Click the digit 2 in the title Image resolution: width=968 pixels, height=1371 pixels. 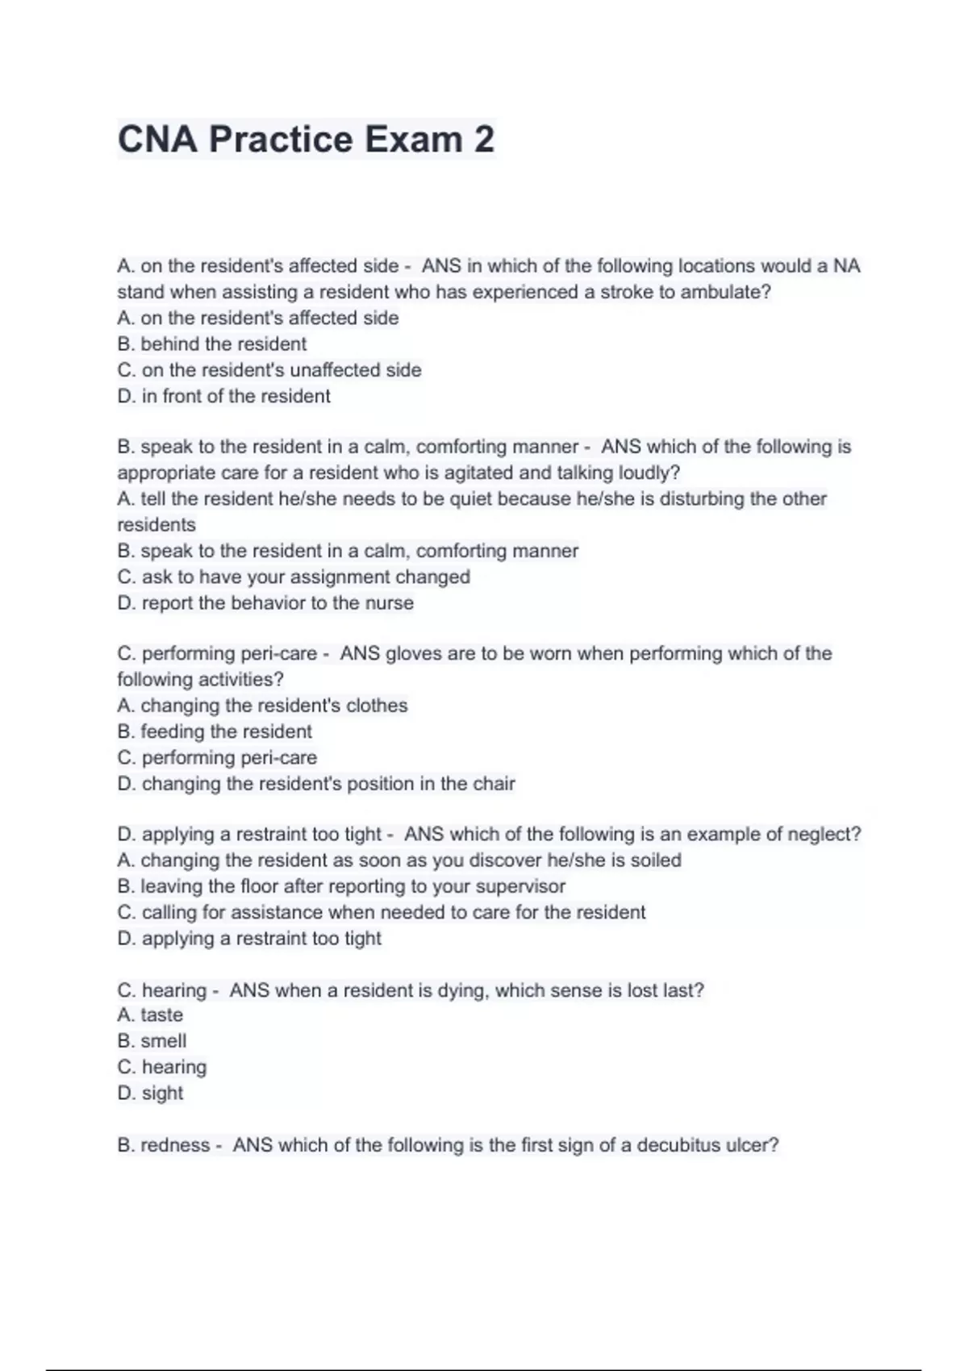point(483,139)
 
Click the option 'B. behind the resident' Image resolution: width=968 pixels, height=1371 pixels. point(211,344)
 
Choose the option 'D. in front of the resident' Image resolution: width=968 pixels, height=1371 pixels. point(223,396)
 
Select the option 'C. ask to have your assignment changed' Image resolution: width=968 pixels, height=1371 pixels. point(294,577)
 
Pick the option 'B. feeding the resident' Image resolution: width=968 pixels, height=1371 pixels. point(215,731)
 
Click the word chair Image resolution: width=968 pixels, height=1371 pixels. point(494,783)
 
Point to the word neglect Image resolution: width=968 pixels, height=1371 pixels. point(826,834)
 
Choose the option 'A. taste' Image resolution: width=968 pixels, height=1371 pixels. point(150,1015)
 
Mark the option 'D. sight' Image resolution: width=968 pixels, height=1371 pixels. point(150,1093)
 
